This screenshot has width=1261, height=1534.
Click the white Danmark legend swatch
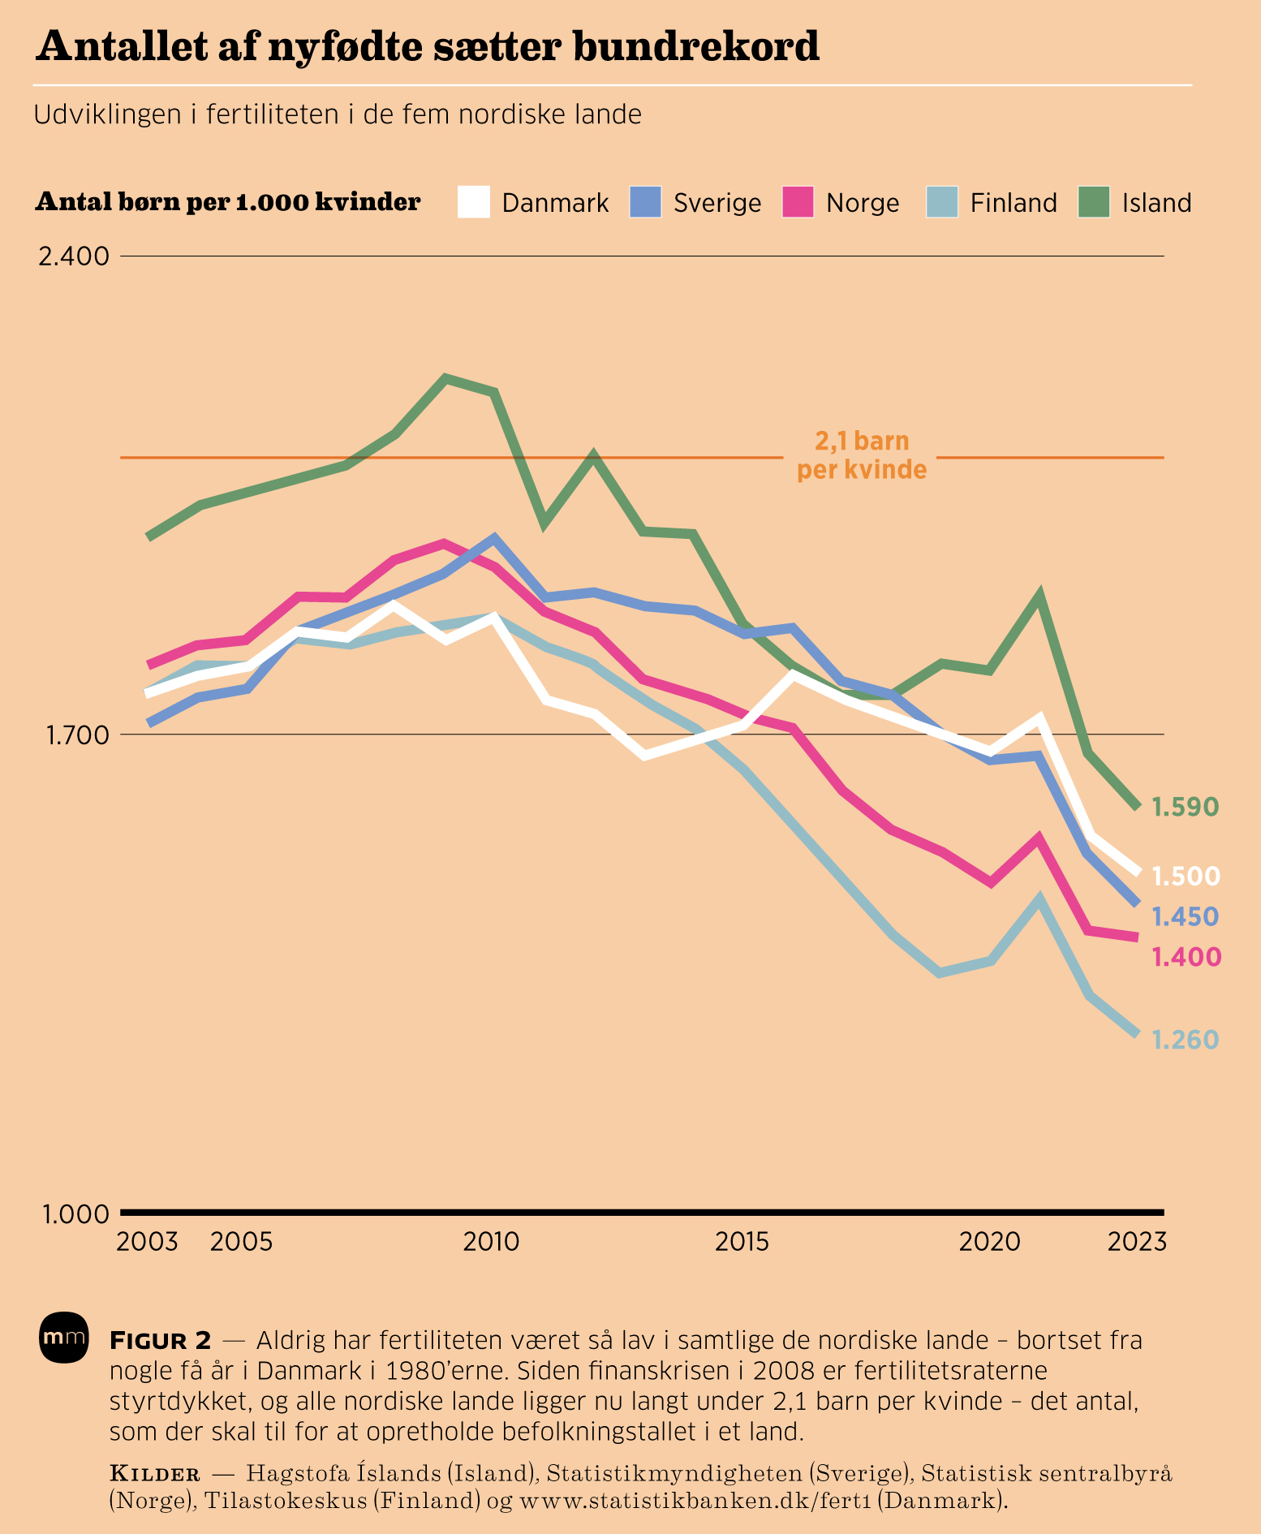click(474, 202)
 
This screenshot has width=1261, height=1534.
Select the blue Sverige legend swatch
click(645, 202)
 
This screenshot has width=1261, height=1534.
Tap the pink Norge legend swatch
click(798, 202)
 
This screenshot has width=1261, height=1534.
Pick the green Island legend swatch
click(1094, 202)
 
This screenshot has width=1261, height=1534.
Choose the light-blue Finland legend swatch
click(942, 202)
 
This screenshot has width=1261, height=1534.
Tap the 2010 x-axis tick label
click(491, 1242)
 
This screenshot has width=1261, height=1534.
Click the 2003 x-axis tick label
click(147, 1242)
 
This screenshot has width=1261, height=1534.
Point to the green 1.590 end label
click(1186, 808)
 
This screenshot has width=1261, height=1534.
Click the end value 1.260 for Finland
click(1186, 1040)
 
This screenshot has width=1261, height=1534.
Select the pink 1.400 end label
click(1186, 958)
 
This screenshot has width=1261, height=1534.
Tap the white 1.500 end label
click(1186, 877)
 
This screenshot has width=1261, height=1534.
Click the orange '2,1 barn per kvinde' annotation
click(862, 455)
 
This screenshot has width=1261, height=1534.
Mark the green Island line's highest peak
click(445, 377)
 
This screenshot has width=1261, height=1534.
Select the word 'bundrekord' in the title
click(695, 47)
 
